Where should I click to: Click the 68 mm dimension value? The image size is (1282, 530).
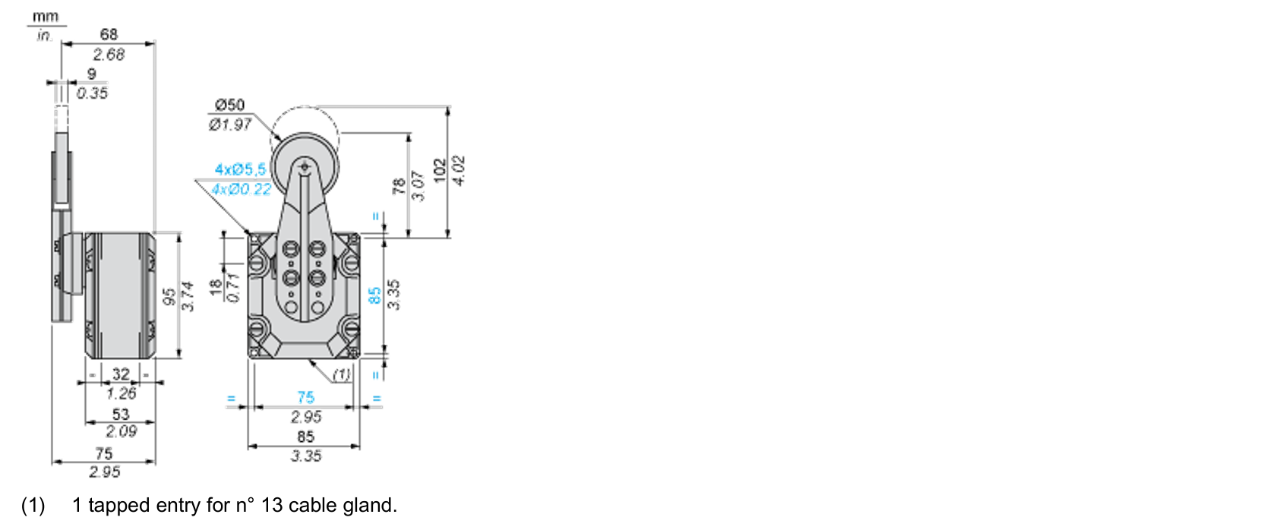(109, 34)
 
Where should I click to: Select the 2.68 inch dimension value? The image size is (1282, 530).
(109, 55)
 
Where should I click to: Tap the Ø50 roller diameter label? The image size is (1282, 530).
(229, 105)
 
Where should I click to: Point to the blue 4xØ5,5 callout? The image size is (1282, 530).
(240, 169)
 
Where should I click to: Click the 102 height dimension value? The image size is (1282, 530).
(440, 171)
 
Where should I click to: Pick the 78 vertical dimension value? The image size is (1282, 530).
(399, 186)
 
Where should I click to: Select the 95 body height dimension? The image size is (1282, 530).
(170, 296)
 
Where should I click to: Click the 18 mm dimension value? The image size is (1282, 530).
(216, 287)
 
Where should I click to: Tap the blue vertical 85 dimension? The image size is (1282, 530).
(374, 295)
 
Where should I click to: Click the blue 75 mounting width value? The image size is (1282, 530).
(305, 397)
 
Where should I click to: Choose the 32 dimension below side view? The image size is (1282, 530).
(121, 374)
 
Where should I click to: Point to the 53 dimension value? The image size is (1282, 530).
(121, 414)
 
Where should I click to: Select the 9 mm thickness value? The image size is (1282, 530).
(92, 74)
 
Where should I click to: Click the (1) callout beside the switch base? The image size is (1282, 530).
(342, 374)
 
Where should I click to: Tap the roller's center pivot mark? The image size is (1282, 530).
(305, 166)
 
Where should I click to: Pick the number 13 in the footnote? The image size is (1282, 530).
(272, 506)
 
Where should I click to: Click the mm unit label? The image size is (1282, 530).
(46, 17)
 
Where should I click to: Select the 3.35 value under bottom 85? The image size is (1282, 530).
(306, 456)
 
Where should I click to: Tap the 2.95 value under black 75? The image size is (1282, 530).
(105, 472)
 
